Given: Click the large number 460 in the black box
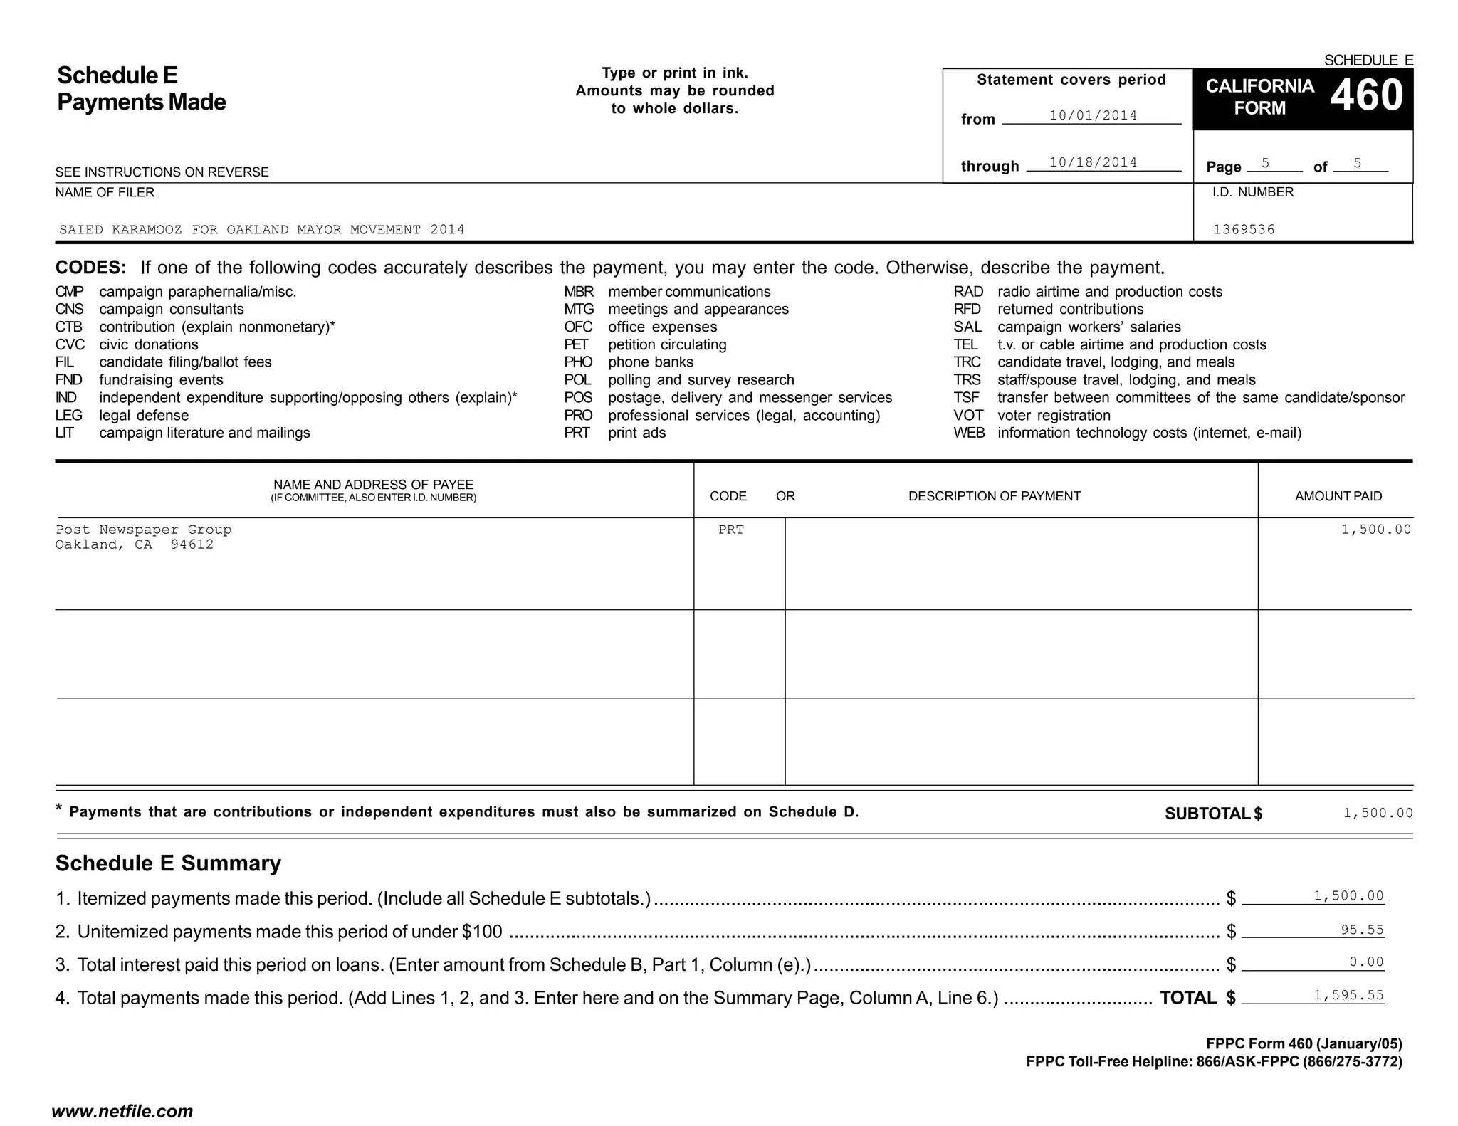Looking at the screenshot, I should coord(1366,96).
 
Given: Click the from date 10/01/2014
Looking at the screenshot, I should coord(1093,115).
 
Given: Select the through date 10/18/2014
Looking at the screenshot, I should coord(1093,162).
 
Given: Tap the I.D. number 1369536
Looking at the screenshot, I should coord(1244,229).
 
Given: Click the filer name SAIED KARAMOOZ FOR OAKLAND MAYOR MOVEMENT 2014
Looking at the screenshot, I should coord(261,229).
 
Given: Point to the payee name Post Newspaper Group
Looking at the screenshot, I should coord(143,530).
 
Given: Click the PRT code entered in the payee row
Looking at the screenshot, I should coord(730,530).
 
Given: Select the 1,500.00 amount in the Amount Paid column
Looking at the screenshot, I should coord(1375,530).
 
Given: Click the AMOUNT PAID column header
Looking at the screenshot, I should coord(1338,496).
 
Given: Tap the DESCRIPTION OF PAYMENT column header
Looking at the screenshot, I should coord(994,496).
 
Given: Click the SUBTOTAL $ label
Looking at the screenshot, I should coord(1213,814).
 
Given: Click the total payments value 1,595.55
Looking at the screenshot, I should coord(1348,996).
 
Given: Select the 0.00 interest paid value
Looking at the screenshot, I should coord(1366,962).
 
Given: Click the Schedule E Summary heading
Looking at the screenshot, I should coord(168,863).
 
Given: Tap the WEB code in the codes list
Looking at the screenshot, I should coord(969,433).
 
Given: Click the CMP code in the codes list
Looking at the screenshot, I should coord(69,292).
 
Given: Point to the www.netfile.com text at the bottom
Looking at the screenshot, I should coord(122,1112).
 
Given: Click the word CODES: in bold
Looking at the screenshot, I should coord(90,268).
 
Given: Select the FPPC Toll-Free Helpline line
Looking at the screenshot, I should coord(1214,1062).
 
